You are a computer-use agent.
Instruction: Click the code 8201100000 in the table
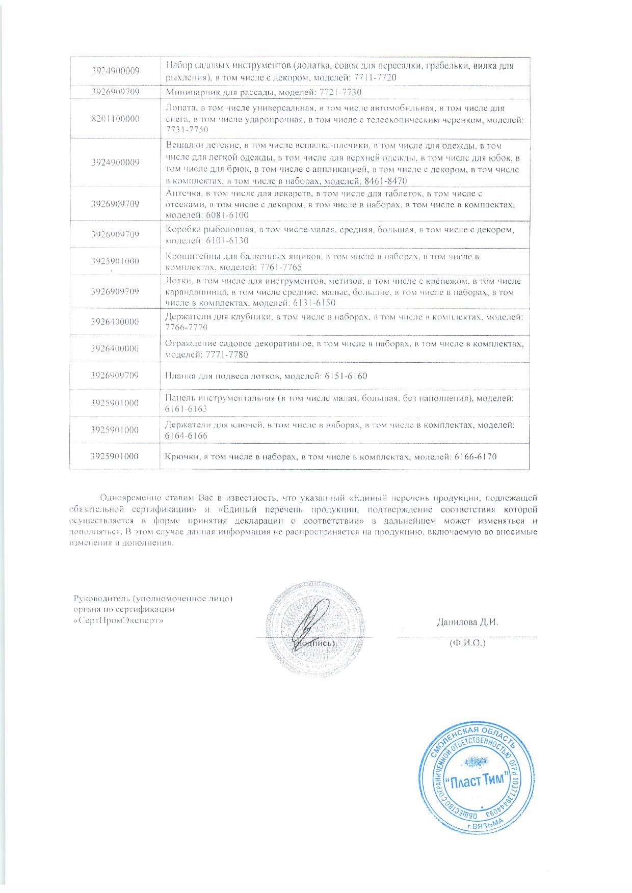pos(115,119)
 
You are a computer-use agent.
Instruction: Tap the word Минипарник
pos(189,92)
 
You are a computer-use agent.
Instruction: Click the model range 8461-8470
pos(386,182)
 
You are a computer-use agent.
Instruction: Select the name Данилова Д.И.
pos(466,622)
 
